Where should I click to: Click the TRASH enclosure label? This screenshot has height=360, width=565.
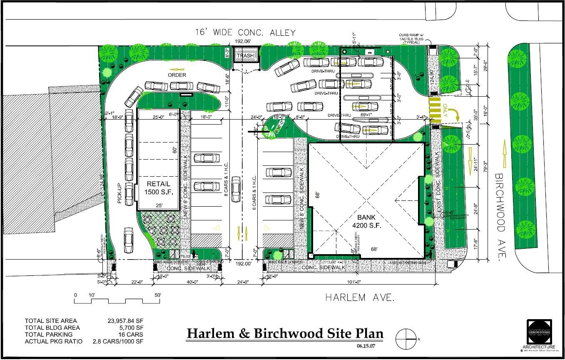(x=245, y=55)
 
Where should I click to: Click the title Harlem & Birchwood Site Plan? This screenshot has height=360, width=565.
(x=285, y=334)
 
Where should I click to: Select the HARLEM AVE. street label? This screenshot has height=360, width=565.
(x=359, y=297)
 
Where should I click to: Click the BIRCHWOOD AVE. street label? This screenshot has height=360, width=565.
(x=500, y=217)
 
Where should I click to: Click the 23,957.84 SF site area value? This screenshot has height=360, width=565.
(x=125, y=321)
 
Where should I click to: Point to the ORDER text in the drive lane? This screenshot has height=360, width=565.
(x=177, y=75)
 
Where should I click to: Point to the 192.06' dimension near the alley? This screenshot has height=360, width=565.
(x=244, y=41)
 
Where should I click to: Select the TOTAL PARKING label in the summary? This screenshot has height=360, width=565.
(x=48, y=334)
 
